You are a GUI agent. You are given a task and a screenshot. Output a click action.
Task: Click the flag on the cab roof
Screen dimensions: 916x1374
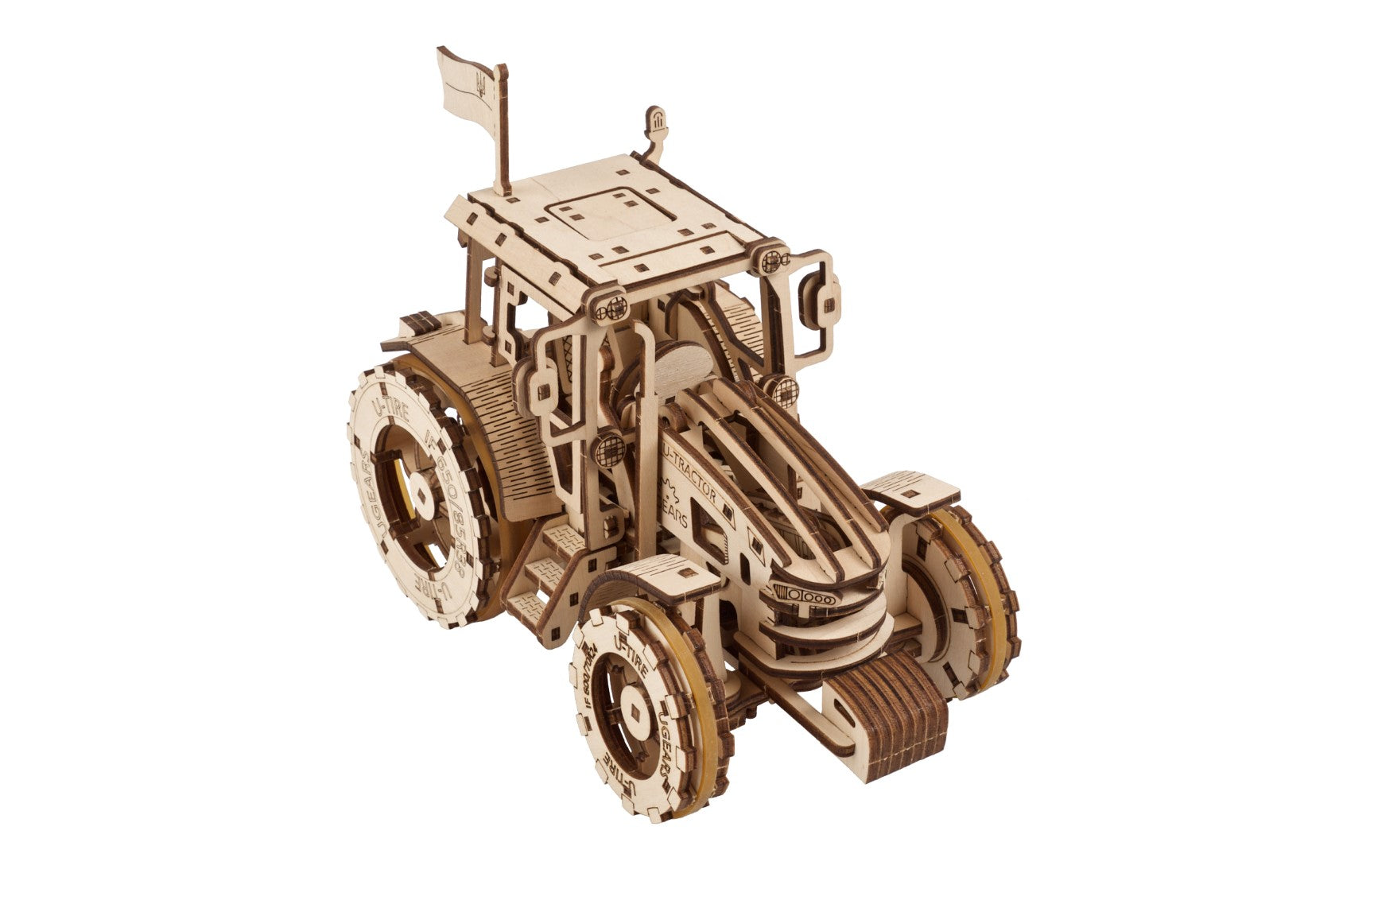469,79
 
